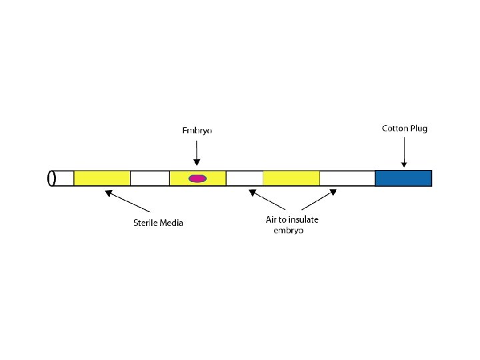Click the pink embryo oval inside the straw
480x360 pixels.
197,178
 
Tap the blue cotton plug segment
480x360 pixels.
403,178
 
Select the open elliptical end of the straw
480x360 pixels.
51,178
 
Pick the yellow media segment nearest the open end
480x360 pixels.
102,178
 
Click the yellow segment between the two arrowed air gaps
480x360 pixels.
291,178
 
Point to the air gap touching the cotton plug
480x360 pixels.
347,178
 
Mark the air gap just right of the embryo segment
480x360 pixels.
245,178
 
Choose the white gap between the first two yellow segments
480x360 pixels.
149,178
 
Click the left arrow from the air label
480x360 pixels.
267,201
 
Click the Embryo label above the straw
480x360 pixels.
197,131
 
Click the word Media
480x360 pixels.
171,223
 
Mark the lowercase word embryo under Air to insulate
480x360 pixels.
289,231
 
